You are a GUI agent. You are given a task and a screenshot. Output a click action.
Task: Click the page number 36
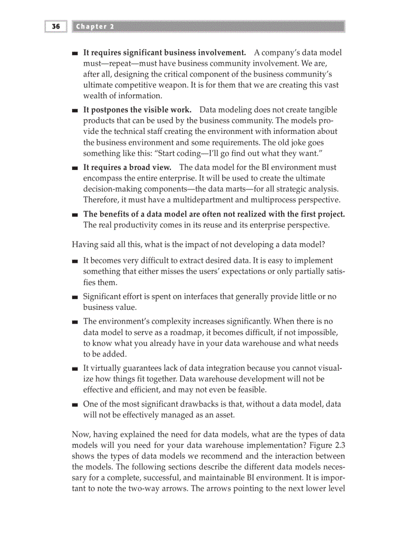coord(56,26)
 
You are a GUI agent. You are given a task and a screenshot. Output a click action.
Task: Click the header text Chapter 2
coord(94,27)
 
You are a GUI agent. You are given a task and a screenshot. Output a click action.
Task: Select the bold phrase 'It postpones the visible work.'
coord(137,110)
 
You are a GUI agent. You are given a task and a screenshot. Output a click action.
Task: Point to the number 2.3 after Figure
coord(339,445)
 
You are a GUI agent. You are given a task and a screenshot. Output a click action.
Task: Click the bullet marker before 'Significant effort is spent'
coord(75,297)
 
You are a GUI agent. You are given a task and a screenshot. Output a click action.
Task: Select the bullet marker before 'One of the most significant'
coord(75,405)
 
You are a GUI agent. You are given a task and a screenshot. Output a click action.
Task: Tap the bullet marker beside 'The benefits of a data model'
coord(75,215)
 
